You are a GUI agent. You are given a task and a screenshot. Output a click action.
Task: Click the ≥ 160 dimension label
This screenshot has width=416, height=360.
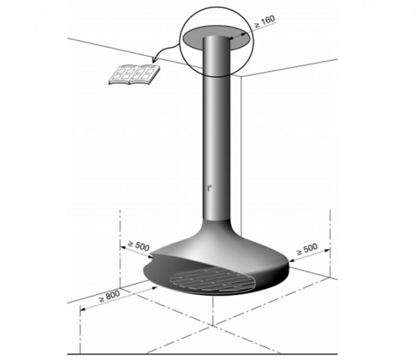[x=264, y=22]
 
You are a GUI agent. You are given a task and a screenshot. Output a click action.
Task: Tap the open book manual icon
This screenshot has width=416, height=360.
[x=134, y=75]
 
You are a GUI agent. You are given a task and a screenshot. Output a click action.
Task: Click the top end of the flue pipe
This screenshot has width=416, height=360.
[x=215, y=38]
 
